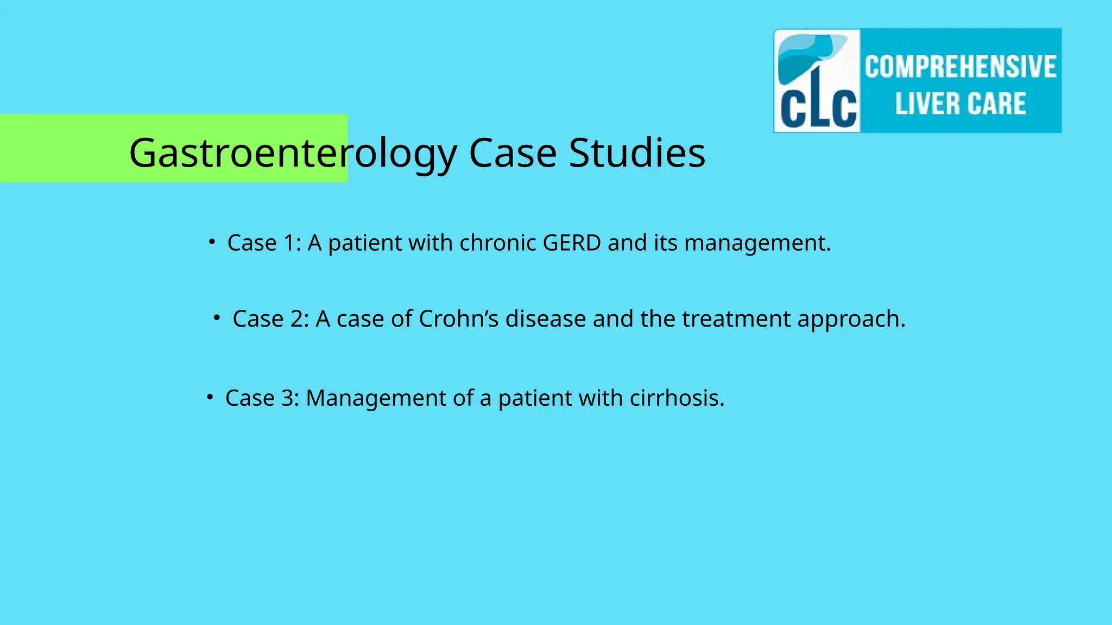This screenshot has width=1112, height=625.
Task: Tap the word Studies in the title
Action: (x=637, y=152)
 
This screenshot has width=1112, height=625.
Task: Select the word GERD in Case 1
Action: (x=572, y=243)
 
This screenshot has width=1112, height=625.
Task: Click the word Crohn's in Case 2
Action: (x=458, y=319)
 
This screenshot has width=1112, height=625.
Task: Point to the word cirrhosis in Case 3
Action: (x=677, y=398)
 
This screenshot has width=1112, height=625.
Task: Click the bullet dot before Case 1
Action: (x=212, y=241)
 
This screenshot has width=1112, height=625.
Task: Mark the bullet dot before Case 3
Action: (x=210, y=397)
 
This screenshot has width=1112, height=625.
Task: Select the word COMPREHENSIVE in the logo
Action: (x=961, y=67)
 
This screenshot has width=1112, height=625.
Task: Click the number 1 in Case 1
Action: (x=290, y=243)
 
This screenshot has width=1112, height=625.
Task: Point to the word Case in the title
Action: (x=513, y=152)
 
